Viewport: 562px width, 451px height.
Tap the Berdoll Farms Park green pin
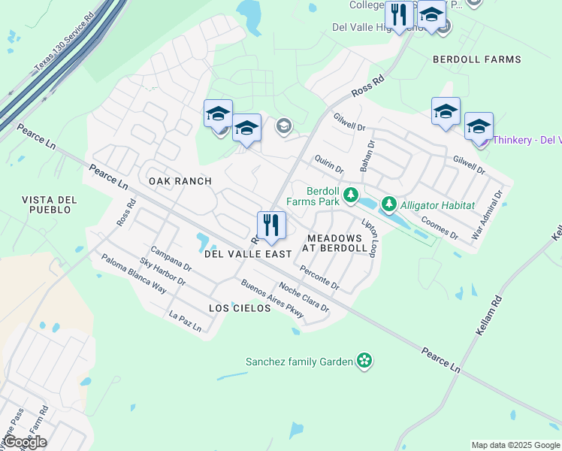tap(350, 195)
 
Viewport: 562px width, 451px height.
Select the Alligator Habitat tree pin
tap(388, 204)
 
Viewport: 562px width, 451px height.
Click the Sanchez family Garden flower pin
tap(364, 361)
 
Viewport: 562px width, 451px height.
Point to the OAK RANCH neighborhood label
tap(180, 181)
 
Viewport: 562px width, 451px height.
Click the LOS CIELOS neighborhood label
tap(239, 308)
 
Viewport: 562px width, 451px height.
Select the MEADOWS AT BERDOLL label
tap(335, 243)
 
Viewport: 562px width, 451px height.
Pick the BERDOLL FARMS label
tap(476, 59)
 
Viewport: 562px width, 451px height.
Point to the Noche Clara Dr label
tap(304, 297)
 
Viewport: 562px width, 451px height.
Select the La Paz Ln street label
tap(186, 322)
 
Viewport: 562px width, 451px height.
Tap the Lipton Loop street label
tap(369, 238)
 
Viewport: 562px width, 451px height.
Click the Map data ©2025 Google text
tap(515, 445)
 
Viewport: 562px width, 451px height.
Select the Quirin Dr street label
tap(329, 165)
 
